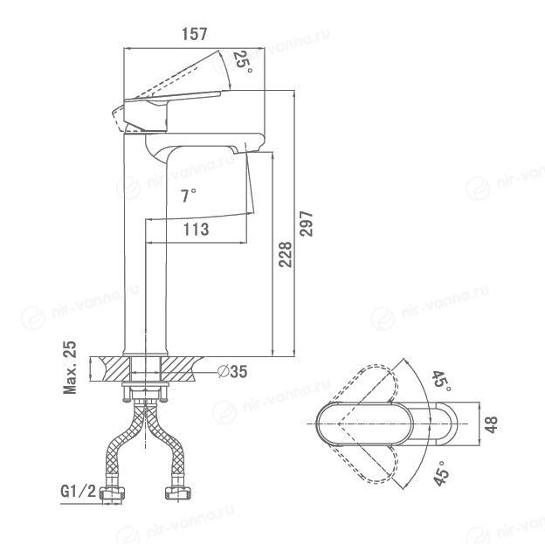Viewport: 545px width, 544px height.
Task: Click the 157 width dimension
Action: tap(194, 34)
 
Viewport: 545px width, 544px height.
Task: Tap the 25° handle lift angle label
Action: tap(242, 62)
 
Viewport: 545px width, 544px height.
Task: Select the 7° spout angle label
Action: tap(189, 196)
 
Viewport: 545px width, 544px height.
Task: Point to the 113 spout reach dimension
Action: tap(196, 229)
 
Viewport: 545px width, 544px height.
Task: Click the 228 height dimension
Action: tap(286, 254)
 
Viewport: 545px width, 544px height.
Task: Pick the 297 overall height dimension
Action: tap(307, 224)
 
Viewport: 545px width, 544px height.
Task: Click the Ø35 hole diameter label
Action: tap(232, 372)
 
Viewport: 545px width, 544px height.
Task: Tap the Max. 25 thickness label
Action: tap(70, 367)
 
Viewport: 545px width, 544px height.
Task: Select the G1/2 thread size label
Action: tap(78, 491)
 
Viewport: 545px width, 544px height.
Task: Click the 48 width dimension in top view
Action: tap(491, 424)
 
